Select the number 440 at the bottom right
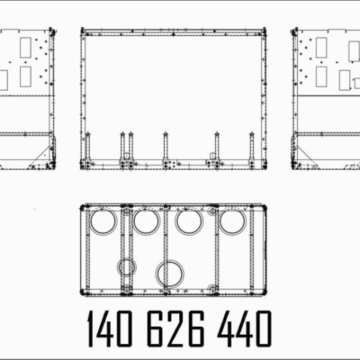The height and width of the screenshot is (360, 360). point(245,329)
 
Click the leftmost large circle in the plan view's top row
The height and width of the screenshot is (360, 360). point(103,220)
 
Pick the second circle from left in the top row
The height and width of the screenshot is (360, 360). point(146,220)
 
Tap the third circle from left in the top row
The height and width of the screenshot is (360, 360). point(189,220)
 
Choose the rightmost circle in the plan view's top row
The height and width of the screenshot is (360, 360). point(233,220)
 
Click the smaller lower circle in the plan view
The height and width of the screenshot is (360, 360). point(127,267)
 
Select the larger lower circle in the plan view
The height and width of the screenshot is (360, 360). point(170,272)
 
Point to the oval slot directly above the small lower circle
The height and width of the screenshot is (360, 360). point(127,212)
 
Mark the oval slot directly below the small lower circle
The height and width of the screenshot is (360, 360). point(127,288)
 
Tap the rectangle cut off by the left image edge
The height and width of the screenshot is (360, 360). point(3,79)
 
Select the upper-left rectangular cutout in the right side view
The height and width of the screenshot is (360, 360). point(321,48)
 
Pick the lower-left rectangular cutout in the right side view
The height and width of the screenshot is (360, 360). point(321,76)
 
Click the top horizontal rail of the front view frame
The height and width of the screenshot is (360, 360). point(173,32)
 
